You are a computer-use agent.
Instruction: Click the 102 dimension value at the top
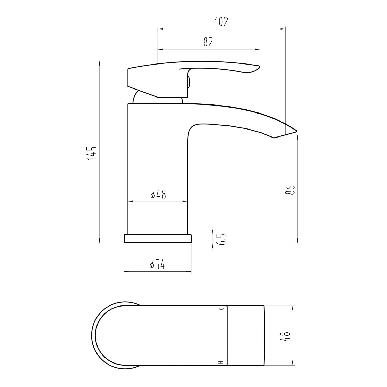coord(222,22)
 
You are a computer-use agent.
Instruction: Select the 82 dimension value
coord(208,42)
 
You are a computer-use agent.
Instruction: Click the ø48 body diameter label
coord(158,195)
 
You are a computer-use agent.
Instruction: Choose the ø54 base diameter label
coord(157,265)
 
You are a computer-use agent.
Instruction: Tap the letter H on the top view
coord(221,362)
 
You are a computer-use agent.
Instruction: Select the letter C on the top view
coord(221,309)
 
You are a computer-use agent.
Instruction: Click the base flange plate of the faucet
coord(158,239)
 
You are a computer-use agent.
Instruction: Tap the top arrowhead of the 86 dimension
coord(298,137)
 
